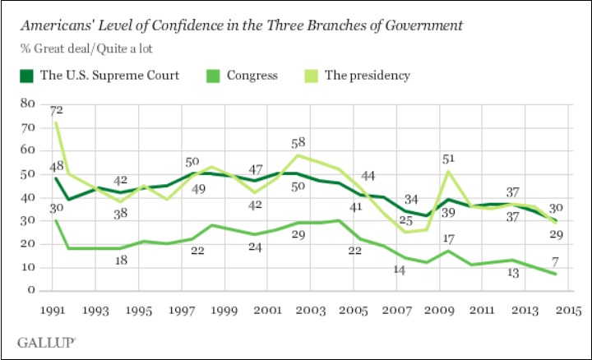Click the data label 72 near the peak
click(56, 109)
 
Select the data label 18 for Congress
click(120, 260)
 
